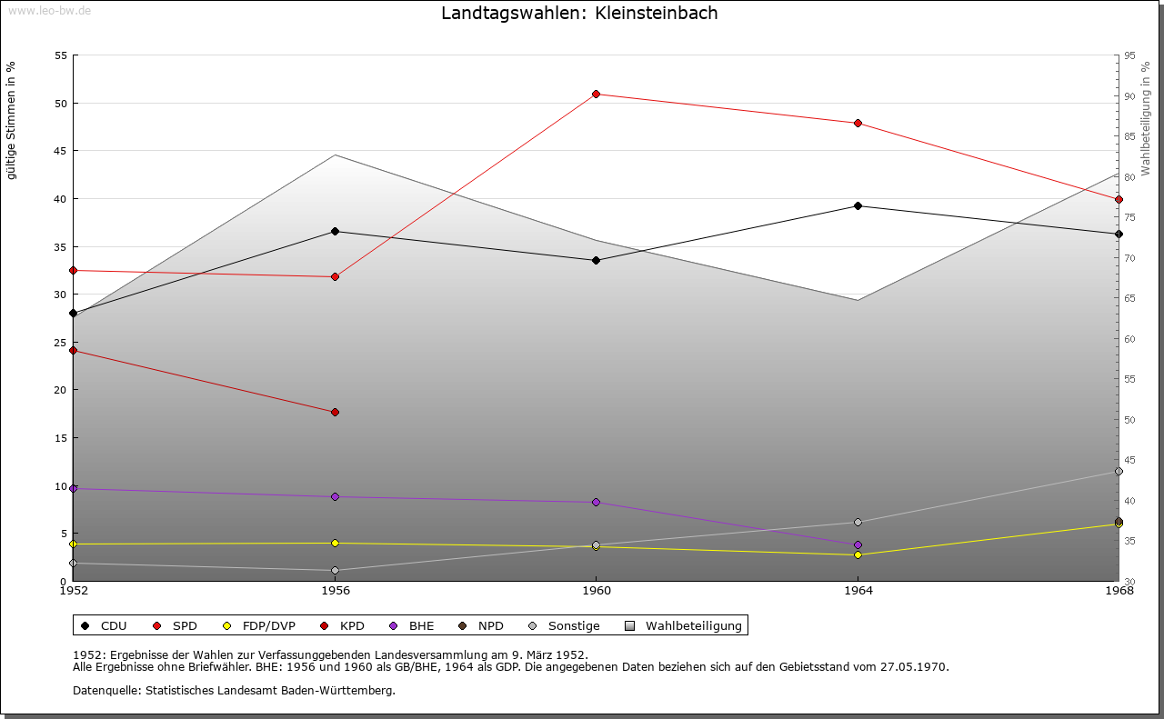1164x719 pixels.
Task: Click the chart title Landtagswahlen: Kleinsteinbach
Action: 579,14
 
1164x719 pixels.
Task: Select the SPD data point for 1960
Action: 597,94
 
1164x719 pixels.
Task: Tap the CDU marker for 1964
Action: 858,205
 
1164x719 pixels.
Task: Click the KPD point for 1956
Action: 336,412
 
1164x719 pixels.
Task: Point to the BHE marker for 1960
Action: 597,502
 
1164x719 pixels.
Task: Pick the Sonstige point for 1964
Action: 858,522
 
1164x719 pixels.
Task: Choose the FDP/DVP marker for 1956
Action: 336,543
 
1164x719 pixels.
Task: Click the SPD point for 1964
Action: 858,123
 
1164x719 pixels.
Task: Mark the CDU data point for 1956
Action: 336,231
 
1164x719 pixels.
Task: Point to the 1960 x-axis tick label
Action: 597,591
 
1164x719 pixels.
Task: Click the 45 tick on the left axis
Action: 60,151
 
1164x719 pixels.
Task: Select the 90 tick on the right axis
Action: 1129,96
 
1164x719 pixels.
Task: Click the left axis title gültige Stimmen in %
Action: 12,120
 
